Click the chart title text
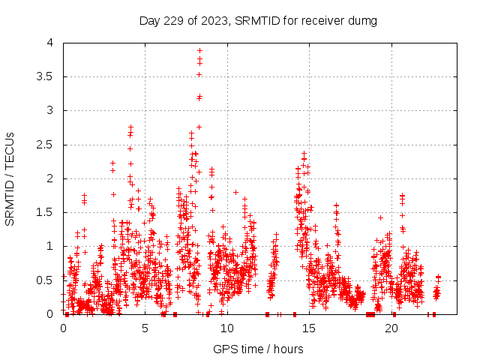[x=258, y=20]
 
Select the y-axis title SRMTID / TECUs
[x=10, y=178]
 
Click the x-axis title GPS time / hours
[x=258, y=349]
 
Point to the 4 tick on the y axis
[x=52, y=43]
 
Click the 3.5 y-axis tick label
[x=47, y=76]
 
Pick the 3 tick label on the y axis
[x=52, y=110]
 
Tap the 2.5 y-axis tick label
[x=47, y=145]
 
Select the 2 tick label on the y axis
[x=52, y=178]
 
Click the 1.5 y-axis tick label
[x=47, y=212]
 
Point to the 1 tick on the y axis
[x=52, y=246]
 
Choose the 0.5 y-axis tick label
[x=47, y=280]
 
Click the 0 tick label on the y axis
[x=52, y=314]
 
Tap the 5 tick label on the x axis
[x=145, y=328]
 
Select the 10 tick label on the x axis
[x=227, y=328]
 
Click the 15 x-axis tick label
[x=310, y=328]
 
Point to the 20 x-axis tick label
[x=391, y=328]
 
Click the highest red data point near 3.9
[x=199, y=50]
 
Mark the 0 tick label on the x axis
[x=63, y=328]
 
